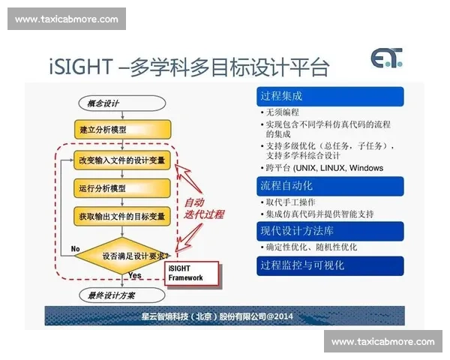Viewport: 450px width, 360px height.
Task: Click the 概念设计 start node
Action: (x=103, y=103)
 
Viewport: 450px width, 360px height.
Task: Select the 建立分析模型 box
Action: (x=103, y=130)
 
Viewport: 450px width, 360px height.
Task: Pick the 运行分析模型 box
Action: (x=103, y=187)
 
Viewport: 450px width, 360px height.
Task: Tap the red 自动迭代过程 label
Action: (x=204, y=208)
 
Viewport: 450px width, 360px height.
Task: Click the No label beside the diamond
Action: (x=76, y=248)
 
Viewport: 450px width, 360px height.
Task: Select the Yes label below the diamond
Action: (x=136, y=275)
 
